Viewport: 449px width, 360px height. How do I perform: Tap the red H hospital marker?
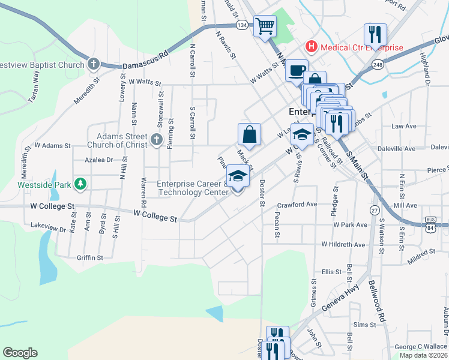[311, 46]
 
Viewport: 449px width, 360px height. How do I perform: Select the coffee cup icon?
[296, 70]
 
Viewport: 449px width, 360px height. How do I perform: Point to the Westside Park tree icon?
[79, 185]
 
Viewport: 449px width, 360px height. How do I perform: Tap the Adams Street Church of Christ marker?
[156, 140]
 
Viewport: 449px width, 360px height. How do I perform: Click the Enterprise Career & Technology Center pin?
[238, 178]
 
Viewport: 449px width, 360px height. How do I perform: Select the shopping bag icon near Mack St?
[249, 134]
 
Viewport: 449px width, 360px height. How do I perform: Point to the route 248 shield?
[377, 64]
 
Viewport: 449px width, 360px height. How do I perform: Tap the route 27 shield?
[374, 210]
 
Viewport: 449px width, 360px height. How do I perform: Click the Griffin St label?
[90, 257]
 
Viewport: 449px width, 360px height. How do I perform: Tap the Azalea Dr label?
[99, 160]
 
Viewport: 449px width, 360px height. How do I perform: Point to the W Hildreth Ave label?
[343, 245]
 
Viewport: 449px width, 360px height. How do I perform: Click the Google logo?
[20, 352]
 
